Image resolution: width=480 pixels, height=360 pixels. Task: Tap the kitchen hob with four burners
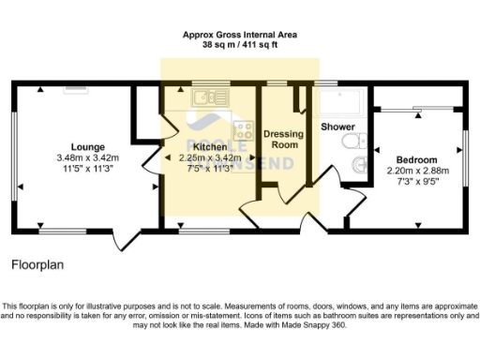click(244, 130)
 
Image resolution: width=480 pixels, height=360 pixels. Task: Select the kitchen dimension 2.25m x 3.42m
click(210, 157)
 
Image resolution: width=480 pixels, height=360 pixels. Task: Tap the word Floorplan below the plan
click(37, 265)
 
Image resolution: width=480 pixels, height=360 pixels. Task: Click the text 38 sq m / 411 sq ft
click(240, 44)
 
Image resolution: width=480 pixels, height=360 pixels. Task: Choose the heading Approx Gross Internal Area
click(240, 34)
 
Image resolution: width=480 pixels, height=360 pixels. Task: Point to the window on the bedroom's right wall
click(463, 150)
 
